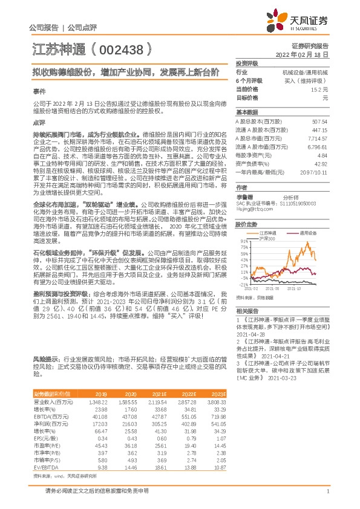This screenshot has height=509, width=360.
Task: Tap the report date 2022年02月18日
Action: click(x=303, y=54)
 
